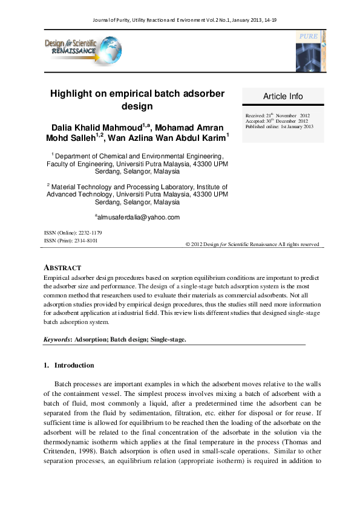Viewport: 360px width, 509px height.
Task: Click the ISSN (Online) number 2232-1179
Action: click(x=90, y=233)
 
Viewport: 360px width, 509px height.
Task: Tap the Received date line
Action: click(x=277, y=115)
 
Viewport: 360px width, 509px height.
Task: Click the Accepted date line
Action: click(x=278, y=121)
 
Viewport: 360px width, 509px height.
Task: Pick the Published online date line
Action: click(x=279, y=126)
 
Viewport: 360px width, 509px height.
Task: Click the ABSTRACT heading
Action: click(x=62, y=268)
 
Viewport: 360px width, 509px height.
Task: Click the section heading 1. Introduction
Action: click(x=68, y=366)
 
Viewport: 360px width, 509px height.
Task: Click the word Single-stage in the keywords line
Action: click(x=168, y=340)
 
